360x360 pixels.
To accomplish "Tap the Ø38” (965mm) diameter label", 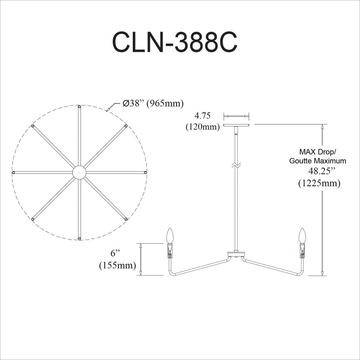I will pyautogui.click(x=153, y=104).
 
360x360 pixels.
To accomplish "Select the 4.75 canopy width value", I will pyautogui.click(x=203, y=116).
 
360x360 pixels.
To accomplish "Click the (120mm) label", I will pyautogui.click(x=203, y=127).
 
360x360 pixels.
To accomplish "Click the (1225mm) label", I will pyautogui.click(x=319, y=183).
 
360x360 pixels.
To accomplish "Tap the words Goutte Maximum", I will pyautogui.click(x=317, y=161).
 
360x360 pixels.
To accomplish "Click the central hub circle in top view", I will pyautogui.click(x=79, y=172).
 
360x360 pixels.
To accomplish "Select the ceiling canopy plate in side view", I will pyautogui.click(x=236, y=125).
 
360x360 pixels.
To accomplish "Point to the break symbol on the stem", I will pyautogui.click(x=236, y=165).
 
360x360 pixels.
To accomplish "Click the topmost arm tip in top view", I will pyautogui.click(x=79, y=107).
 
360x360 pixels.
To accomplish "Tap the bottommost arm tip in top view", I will pyautogui.click(x=79, y=239).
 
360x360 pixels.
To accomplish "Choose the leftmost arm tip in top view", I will pyautogui.click(x=13, y=172).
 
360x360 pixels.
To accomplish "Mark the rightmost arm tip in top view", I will pyautogui.click(x=145, y=172).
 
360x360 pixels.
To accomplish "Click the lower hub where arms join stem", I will pyautogui.click(x=236, y=254).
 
